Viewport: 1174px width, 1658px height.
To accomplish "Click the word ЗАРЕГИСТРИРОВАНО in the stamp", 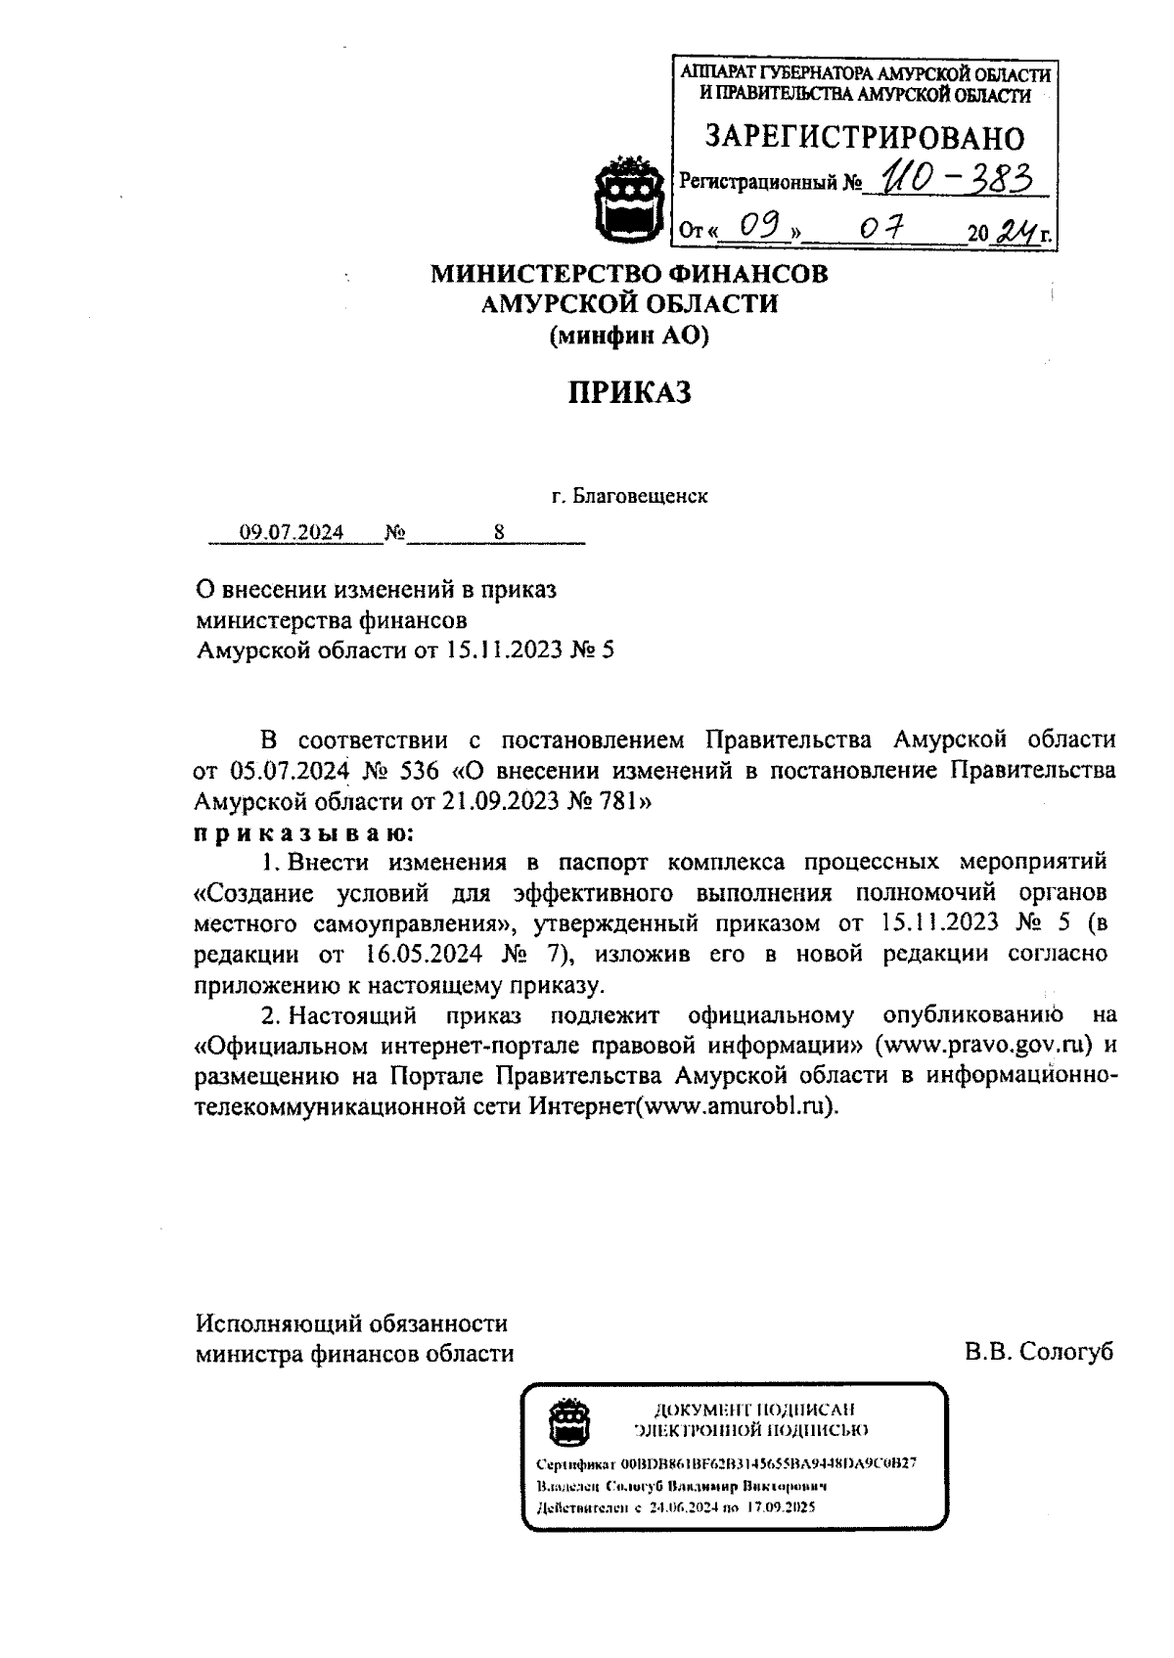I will point(865,137).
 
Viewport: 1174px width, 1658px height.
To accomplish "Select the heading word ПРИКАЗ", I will point(630,392).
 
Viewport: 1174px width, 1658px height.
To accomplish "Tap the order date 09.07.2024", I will point(292,533).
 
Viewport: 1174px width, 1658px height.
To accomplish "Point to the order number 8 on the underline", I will point(499,533).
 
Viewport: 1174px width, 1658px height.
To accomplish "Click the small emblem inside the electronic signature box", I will point(566,1420).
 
